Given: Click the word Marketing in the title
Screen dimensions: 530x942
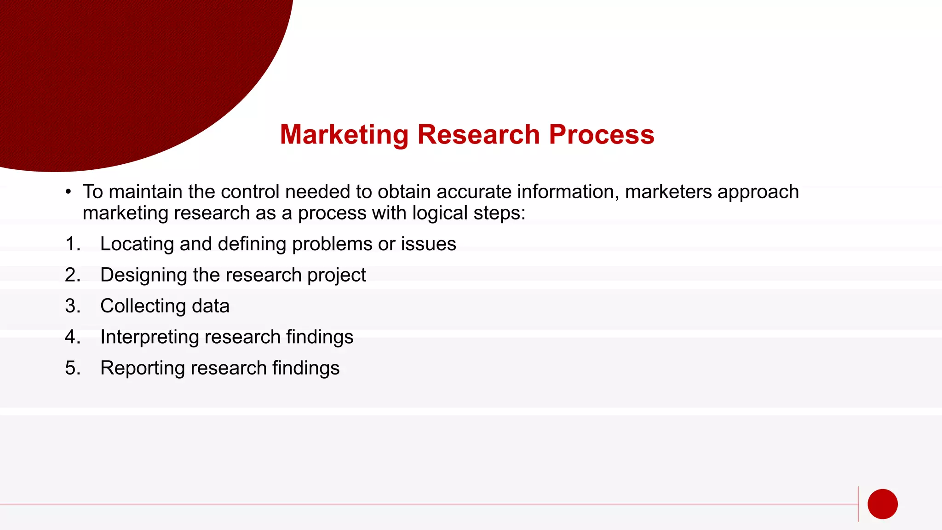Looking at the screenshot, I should click(344, 135).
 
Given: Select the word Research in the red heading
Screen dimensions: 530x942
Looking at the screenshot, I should click(478, 135).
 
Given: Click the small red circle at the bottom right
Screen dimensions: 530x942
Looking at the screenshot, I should click(882, 504).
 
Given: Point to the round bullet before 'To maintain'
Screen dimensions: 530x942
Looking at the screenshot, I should click(68, 192).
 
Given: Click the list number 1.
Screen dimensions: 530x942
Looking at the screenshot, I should click(72, 244).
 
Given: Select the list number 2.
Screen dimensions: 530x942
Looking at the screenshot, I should click(72, 275).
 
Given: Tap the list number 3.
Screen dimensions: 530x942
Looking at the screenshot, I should click(72, 306).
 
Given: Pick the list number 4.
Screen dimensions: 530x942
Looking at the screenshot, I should click(72, 337).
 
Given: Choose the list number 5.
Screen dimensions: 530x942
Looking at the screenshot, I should click(72, 368).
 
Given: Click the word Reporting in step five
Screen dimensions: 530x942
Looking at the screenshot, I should click(142, 368).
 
